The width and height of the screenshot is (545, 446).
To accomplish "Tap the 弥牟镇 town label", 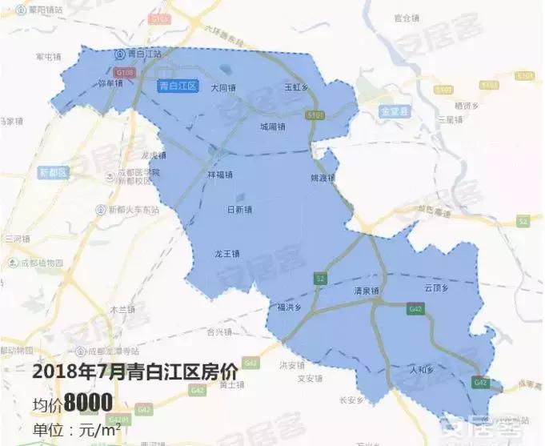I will coord(109,82).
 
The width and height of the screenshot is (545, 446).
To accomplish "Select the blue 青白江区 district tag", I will coord(178,86).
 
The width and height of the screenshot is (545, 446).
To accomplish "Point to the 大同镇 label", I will coord(223,87).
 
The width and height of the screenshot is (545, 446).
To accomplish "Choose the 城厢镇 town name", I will coord(272,127).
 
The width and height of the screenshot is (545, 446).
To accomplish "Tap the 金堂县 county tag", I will coord(395,112).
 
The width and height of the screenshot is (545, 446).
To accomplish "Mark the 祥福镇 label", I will coord(219,175).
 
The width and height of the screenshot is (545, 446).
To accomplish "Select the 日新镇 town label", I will coord(239,210).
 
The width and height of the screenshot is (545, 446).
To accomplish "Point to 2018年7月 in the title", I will coord(68,372).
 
